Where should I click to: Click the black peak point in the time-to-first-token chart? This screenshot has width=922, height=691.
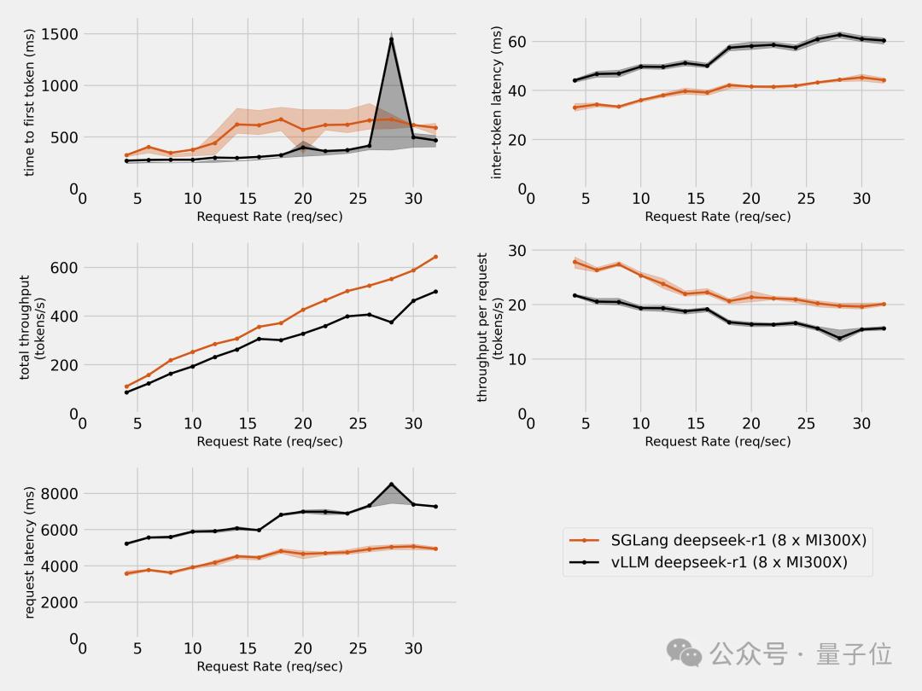(391, 39)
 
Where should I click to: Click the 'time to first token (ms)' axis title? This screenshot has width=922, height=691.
(30, 102)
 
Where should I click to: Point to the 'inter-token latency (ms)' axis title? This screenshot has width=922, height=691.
(496, 102)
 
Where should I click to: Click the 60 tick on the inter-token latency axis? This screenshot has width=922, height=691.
(516, 42)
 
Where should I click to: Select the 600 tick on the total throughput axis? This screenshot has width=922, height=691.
(64, 268)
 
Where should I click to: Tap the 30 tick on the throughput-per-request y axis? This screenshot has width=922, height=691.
(516, 250)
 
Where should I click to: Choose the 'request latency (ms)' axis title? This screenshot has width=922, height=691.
(30, 552)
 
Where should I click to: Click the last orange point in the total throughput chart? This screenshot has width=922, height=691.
(435, 257)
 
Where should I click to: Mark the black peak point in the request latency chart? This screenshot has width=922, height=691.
(391, 485)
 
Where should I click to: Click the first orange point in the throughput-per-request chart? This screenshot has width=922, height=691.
(575, 262)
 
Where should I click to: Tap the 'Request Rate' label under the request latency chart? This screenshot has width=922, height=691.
(269, 666)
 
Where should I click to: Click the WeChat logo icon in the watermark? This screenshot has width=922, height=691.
(684, 653)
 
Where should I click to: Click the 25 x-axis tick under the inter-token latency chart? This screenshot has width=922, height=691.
(806, 199)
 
